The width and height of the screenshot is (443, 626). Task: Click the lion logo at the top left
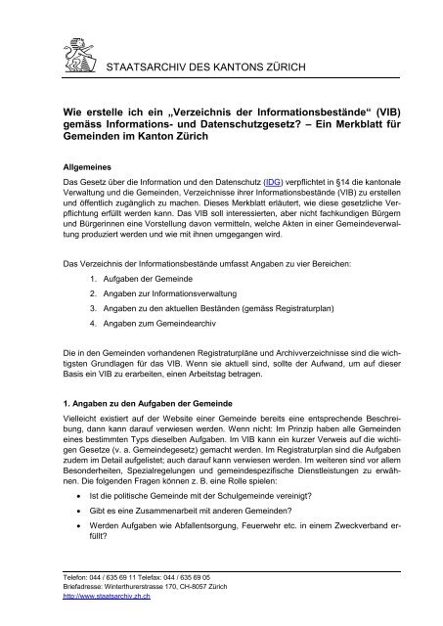point(85,46)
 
